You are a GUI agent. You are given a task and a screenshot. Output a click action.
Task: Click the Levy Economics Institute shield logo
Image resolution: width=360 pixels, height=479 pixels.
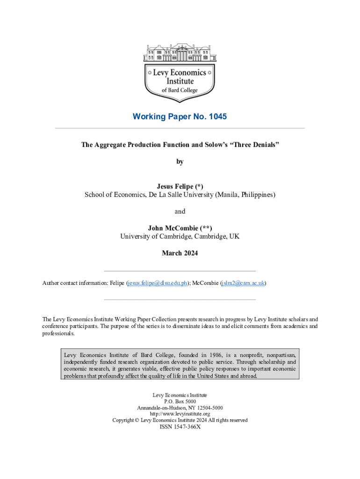pyautogui.click(x=180, y=80)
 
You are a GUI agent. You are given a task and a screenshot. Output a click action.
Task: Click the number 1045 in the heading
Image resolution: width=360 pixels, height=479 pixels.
pyautogui.click(x=216, y=116)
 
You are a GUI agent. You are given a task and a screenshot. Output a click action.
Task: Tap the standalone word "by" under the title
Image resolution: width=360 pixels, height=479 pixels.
pyautogui.click(x=180, y=162)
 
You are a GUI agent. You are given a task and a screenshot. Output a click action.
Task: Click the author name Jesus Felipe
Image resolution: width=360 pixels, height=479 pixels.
pyautogui.click(x=173, y=186)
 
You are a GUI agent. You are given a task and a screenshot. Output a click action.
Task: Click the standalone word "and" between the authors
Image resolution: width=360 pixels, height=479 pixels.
pyautogui.click(x=180, y=211)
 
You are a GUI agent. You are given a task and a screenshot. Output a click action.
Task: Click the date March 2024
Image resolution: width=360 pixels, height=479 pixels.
pyautogui.click(x=180, y=253)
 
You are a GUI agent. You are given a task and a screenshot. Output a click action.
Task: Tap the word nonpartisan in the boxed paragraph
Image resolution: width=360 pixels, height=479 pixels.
pyautogui.click(x=279, y=355)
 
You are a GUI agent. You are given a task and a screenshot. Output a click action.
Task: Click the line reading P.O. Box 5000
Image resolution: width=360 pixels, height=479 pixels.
pyautogui.click(x=180, y=401)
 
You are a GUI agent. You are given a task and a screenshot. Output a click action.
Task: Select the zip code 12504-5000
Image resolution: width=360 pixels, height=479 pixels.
pyautogui.click(x=210, y=408)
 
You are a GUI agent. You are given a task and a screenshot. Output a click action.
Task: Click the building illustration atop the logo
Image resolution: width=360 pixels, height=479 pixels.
pyautogui.click(x=180, y=53)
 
